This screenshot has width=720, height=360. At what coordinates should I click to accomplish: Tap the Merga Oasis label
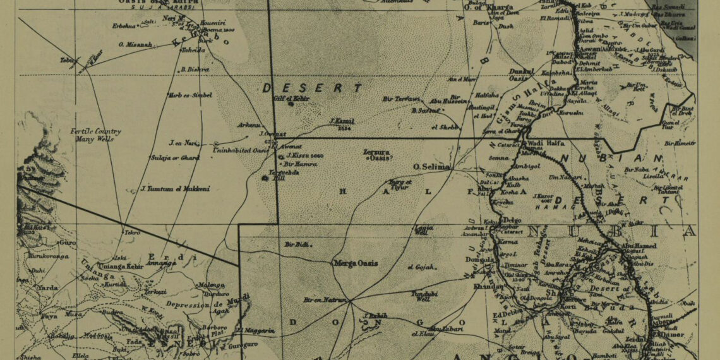pos(356,263)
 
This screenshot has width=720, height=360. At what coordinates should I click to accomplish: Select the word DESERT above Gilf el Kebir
pos(313,88)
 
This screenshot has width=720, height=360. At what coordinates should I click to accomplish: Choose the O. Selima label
pos(431,166)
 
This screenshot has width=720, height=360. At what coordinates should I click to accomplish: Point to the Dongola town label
pos(478,259)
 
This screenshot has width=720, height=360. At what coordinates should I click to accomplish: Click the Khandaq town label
pos(488,287)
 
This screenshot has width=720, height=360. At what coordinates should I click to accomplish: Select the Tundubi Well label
pos(424,296)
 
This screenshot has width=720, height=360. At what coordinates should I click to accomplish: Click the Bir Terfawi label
pos(400,99)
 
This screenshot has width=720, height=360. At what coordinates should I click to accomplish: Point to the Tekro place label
pos(131,232)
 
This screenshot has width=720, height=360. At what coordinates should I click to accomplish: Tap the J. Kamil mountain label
pos(342,121)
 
